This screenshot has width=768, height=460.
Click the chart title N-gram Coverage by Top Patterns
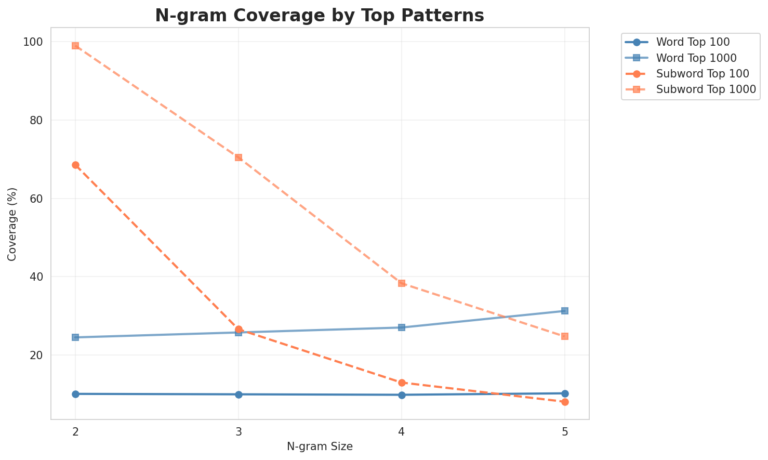click(320, 16)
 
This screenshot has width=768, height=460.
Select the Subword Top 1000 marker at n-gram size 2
click(75, 46)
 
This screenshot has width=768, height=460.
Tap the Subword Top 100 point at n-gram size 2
click(75, 165)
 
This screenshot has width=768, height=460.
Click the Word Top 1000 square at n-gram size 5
click(565, 311)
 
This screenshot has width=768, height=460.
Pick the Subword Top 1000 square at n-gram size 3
click(239, 157)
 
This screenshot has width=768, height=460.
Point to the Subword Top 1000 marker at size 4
click(402, 283)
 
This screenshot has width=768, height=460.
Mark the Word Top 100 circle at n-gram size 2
click(75, 394)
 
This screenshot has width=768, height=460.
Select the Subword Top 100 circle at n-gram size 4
click(402, 383)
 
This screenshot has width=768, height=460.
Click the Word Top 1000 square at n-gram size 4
click(402, 327)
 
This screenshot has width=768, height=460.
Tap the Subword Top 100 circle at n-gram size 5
click(565, 402)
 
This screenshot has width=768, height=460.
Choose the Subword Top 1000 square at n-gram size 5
click(565, 336)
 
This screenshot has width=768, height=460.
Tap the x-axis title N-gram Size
click(320, 446)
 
